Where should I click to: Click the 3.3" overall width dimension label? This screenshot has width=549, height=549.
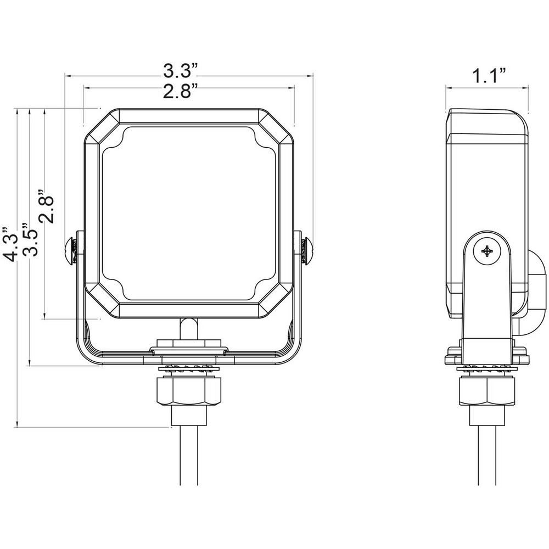(180, 70)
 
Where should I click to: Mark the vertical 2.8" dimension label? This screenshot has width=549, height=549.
(47, 206)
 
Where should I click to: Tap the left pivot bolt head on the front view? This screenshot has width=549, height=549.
(70, 250)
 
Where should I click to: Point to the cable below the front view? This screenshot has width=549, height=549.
(188, 461)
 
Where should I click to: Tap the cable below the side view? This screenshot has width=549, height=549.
(488, 461)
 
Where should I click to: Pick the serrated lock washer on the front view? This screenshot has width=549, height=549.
(188, 367)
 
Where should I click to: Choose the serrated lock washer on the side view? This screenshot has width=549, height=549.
(488, 368)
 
